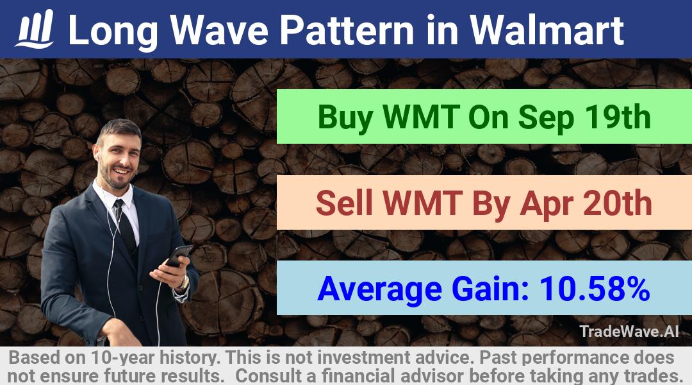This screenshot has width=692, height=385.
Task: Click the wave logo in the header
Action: click(35, 29)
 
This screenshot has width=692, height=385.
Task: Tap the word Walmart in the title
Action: click(547, 30)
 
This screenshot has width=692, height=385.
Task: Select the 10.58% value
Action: click(595, 289)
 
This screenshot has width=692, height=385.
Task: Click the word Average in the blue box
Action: click(379, 289)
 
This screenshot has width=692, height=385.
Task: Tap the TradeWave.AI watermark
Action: click(629, 331)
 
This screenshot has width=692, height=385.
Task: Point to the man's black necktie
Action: click(125, 225)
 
